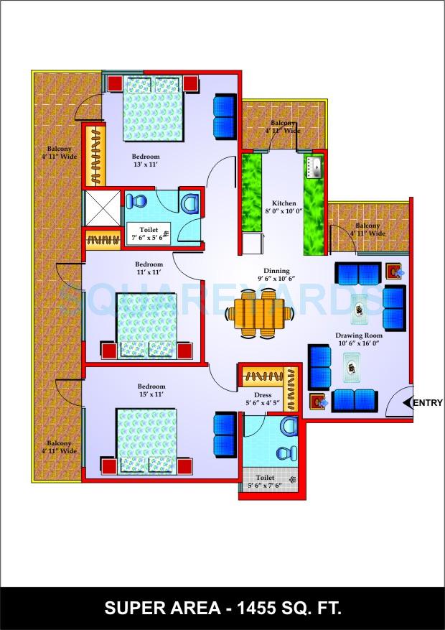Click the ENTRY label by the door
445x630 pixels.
click(x=429, y=403)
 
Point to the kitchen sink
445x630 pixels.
click(x=314, y=168)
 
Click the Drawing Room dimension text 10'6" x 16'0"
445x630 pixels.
click(x=359, y=344)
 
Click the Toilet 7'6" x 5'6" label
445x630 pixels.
click(x=148, y=233)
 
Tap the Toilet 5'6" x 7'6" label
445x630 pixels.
click(x=264, y=481)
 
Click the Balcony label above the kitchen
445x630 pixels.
click(x=282, y=127)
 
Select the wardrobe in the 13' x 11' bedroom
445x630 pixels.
click(x=95, y=154)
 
